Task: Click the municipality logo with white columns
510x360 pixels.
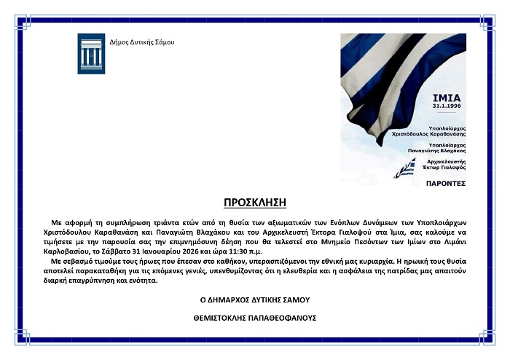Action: pyautogui.click(x=91, y=53)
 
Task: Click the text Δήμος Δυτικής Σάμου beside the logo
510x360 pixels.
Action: pyautogui.click(x=142, y=42)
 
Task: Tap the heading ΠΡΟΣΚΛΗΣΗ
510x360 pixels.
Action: pyautogui.click(x=255, y=201)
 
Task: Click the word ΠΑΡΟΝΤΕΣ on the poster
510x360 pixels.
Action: pyautogui.click(x=446, y=184)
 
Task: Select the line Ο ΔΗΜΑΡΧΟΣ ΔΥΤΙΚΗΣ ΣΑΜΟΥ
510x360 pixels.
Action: pyautogui.click(x=255, y=300)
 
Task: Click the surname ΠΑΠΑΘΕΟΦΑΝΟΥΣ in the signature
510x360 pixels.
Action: pyautogui.click(x=280, y=318)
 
